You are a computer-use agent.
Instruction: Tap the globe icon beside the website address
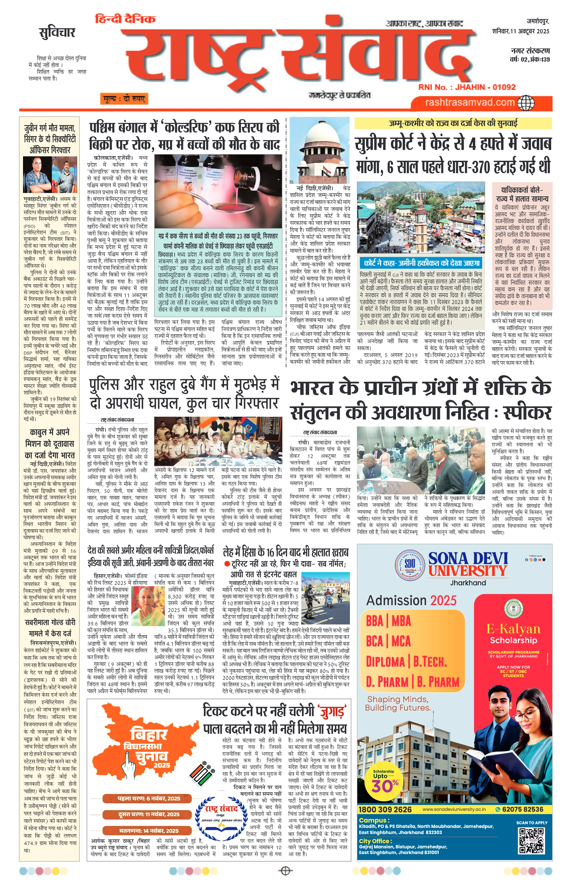[x=525, y=102]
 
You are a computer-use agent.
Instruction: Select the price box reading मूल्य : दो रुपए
[x=124, y=98]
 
